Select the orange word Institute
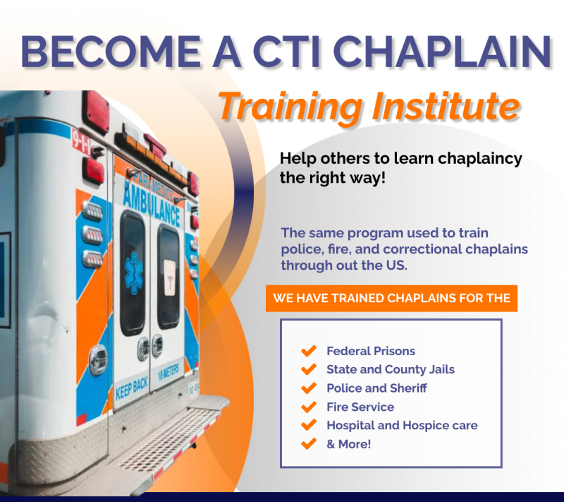[x=446, y=106]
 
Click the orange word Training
[x=290, y=107]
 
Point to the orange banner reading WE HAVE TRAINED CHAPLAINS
[x=391, y=298]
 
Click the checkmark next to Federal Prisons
[x=309, y=351]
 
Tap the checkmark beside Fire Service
[x=309, y=407]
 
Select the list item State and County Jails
[x=391, y=369]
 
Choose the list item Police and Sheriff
[x=376, y=388]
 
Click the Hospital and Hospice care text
[x=402, y=425]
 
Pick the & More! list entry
[x=348, y=444]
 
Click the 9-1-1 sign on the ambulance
[x=81, y=141]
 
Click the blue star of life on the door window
[x=134, y=273]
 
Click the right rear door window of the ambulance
[x=168, y=277]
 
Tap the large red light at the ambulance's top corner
[x=95, y=112]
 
